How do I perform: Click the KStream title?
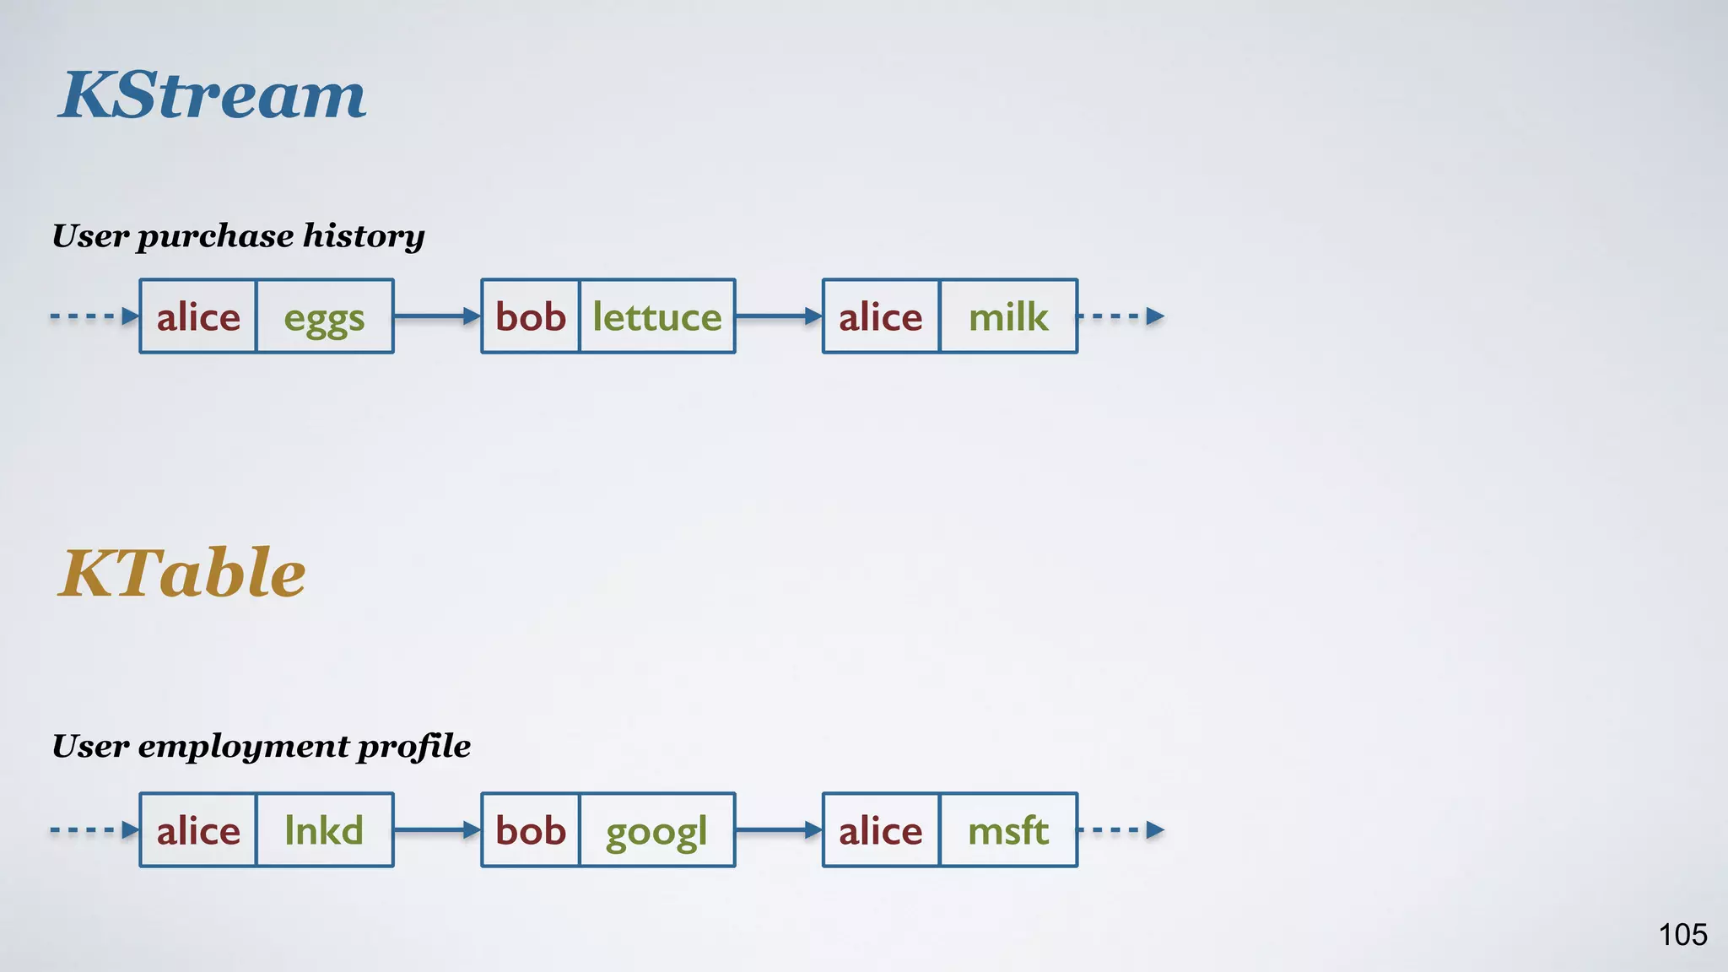[213, 94]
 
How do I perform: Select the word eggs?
[324, 318]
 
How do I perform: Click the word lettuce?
[657, 317]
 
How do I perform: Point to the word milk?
[1008, 317]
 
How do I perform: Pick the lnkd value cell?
[324, 830]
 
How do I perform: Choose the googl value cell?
[656, 831]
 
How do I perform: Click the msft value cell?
[1008, 830]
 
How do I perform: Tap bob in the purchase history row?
[531, 317]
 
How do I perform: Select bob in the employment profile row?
[531, 830]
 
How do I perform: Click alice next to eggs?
[198, 317]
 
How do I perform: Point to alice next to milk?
[880, 317]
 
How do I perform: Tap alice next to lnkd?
[198, 830]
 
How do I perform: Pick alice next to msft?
[880, 830]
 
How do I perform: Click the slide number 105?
[1682, 934]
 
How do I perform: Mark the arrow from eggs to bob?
[437, 316]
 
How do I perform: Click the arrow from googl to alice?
[778, 830]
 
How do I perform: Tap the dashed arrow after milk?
[1121, 316]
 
